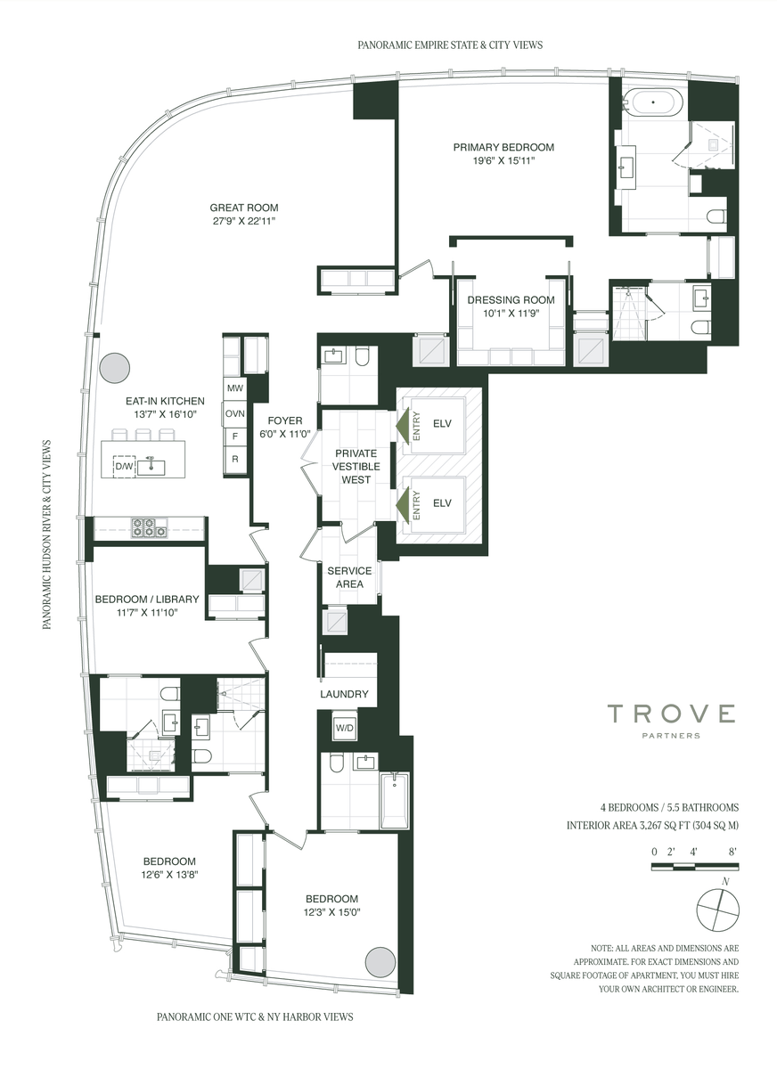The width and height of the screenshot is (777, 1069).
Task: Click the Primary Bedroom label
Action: pyautogui.click(x=503, y=147)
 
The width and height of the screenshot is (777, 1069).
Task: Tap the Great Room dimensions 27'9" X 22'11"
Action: pyautogui.click(x=244, y=221)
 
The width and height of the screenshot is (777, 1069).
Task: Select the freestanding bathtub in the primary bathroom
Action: pyautogui.click(x=653, y=103)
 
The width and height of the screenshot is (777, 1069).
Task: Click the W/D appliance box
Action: pyautogui.click(x=344, y=728)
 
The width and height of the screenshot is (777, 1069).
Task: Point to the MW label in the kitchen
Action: pyautogui.click(x=235, y=388)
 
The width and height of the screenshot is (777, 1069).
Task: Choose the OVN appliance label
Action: pyautogui.click(x=235, y=413)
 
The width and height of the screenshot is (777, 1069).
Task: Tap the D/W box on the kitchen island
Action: pyautogui.click(x=124, y=466)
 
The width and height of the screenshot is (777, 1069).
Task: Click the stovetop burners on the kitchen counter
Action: pyautogui.click(x=149, y=527)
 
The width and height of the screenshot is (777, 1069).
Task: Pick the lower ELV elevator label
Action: pyautogui.click(x=442, y=503)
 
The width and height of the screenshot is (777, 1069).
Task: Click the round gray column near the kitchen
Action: pyautogui.click(x=115, y=367)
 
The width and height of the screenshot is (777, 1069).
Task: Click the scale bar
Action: pyautogui.click(x=695, y=866)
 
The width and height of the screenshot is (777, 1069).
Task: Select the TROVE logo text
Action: pyautogui.click(x=671, y=714)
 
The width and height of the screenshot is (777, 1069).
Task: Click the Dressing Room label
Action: pyautogui.click(x=511, y=299)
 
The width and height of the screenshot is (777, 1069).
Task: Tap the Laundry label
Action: pyautogui.click(x=344, y=694)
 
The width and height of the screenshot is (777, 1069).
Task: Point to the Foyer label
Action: pyautogui.click(x=285, y=420)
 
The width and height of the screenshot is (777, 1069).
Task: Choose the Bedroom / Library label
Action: pyautogui.click(x=147, y=599)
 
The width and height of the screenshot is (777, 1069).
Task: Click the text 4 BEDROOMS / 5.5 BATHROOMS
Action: pyautogui.click(x=669, y=807)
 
